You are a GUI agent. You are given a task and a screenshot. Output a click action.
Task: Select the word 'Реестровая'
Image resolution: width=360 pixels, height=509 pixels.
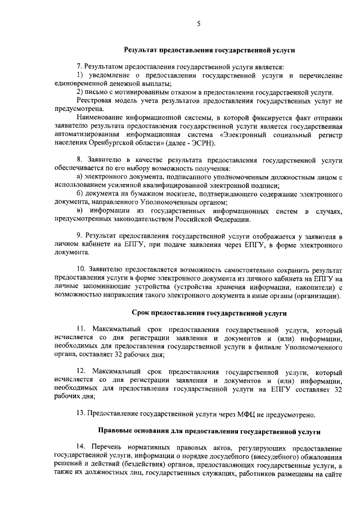(94, 100)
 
